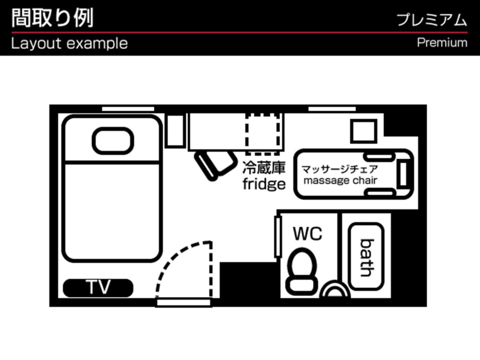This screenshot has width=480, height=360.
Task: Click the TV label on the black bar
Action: point(98,287)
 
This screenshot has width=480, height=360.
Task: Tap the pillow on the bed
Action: point(113,141)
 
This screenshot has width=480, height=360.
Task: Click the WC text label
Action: point(308,234)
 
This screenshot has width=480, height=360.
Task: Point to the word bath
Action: point(367,258)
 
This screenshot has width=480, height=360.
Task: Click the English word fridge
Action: point(264,184)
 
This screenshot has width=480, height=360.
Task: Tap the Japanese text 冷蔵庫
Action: point(264,168)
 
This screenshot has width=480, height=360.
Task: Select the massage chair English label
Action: point(340,180)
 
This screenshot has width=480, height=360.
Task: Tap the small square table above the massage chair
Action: point(363,131)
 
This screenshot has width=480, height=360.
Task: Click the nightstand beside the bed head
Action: point(175,131)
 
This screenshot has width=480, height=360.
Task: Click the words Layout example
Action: point(69,44)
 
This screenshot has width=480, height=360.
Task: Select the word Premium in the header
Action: point(442,43)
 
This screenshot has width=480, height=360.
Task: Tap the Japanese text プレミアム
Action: point(432,20)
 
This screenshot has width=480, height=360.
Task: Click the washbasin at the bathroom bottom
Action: point(335,290)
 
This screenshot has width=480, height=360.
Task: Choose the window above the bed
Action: point(128,109)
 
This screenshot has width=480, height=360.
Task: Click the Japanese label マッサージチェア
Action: point(339,169)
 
